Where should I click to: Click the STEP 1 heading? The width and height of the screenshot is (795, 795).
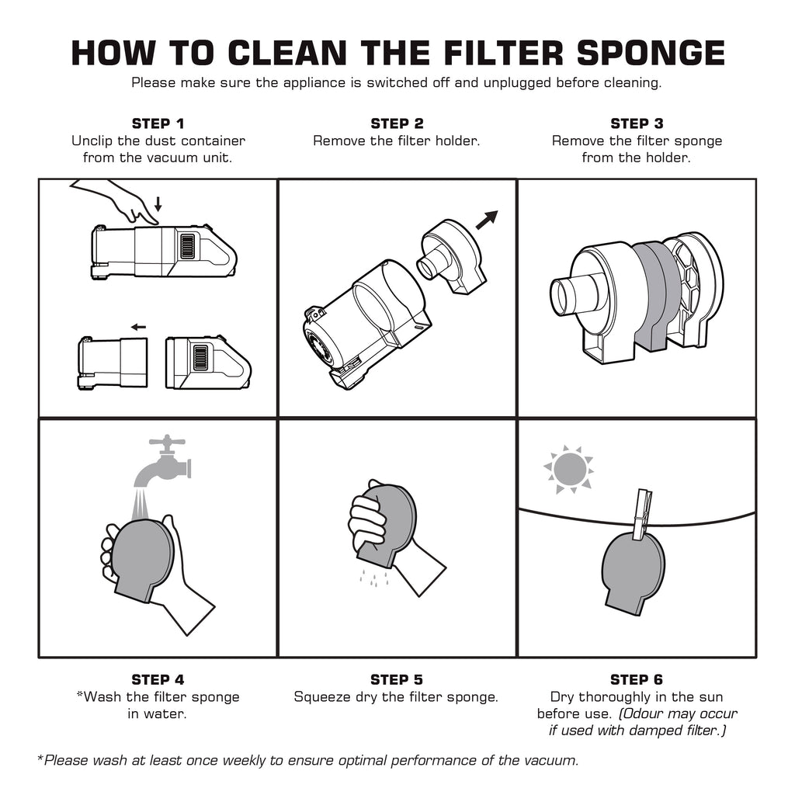(158, 123)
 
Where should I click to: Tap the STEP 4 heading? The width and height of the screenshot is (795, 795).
(158, 679)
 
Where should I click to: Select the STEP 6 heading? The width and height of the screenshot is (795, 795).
(637, 679)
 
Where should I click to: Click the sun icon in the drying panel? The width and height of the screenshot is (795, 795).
(568, 469)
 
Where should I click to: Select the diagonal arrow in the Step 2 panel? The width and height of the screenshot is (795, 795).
(486, 220)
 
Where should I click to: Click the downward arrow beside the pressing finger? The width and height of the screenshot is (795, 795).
(158, 204)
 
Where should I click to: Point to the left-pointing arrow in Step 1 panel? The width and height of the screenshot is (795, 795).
(138, 327)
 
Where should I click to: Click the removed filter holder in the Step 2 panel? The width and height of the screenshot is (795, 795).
(452, 256)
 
